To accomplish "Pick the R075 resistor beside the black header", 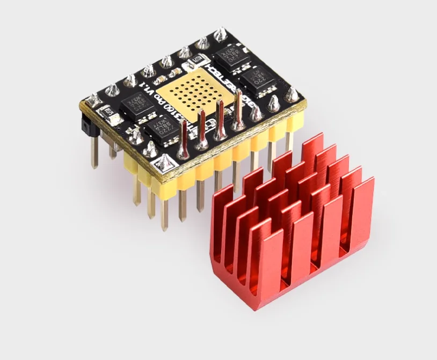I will pyautogui.click(x=107, y=114).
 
